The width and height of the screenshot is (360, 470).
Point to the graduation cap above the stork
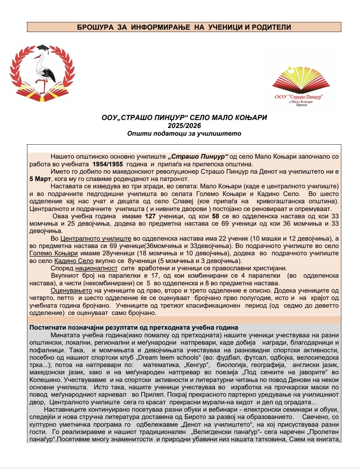tap(43, 49)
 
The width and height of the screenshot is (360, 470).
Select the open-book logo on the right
tap(301, 80)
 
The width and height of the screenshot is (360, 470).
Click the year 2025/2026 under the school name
tap(184, 126)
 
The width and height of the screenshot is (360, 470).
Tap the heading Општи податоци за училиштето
tap(184, 134)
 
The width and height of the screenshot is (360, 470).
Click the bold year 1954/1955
tap(108, 164)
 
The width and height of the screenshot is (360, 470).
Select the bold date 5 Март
tap(40, 179)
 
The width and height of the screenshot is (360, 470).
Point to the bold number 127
tap(150, 216)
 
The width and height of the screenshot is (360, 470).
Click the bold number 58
tap(215, 216)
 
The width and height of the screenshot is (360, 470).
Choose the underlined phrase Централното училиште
tap(96, 239)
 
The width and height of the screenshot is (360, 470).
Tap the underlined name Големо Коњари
tap(53, 253)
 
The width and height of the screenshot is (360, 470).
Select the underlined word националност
tap(96, 268)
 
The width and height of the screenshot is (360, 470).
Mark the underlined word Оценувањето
tap(71, 291)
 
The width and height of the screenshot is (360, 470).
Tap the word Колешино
tap(45, 380)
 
